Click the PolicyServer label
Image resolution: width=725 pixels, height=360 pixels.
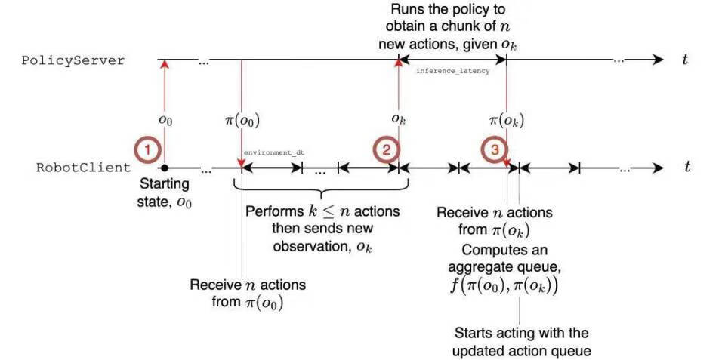click(x=72, y=61)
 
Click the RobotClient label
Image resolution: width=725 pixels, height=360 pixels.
click(x=83, y=168)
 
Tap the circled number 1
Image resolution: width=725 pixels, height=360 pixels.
click(x=148, y=150)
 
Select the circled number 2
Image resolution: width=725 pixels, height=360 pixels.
click(x=385, y=150)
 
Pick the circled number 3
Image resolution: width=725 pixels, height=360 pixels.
click(x=495, y=150)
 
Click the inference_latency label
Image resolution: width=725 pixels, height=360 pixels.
click(x=453, y=70)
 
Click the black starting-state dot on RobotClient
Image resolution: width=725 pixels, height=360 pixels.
click(x=164, y=168)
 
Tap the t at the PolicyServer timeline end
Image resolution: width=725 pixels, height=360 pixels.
click(x=685, y=60)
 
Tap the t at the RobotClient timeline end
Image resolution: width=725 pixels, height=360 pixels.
click(x=686, y=168)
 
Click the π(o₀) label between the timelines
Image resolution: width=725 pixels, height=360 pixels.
click(x=242, y=120)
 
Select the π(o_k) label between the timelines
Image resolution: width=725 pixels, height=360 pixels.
click(x=507, y=120)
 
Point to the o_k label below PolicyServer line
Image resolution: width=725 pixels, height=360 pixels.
click(x=397, y=119)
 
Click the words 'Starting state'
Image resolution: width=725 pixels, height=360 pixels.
click(x=165, y=185)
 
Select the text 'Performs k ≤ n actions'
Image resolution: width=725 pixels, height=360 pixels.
click(x=322, y=211)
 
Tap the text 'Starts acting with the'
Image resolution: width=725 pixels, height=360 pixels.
click(x=521, y=333)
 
